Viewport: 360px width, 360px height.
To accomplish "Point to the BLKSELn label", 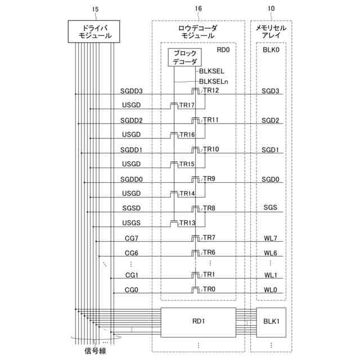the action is click(213, 82).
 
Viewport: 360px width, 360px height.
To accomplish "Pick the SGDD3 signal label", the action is click(132, 91).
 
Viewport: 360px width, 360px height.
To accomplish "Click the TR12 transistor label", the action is click(211, 91).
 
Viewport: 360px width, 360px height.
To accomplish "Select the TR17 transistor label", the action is click(187, 105).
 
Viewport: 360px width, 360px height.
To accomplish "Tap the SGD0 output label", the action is click(271, 179).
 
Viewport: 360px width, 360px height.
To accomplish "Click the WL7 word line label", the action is click(271, 238).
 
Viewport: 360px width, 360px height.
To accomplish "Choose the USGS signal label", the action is click(132, 223).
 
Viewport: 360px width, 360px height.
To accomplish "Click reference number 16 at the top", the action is click(198, 9).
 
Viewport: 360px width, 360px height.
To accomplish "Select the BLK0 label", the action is click(271, 49).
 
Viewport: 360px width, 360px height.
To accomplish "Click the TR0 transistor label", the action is click(209, 289).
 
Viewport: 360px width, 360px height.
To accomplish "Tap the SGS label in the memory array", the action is click(271, 208).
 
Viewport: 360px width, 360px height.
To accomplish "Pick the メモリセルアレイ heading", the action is click(271, 31).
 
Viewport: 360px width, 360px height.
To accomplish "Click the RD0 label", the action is click(223, 49).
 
